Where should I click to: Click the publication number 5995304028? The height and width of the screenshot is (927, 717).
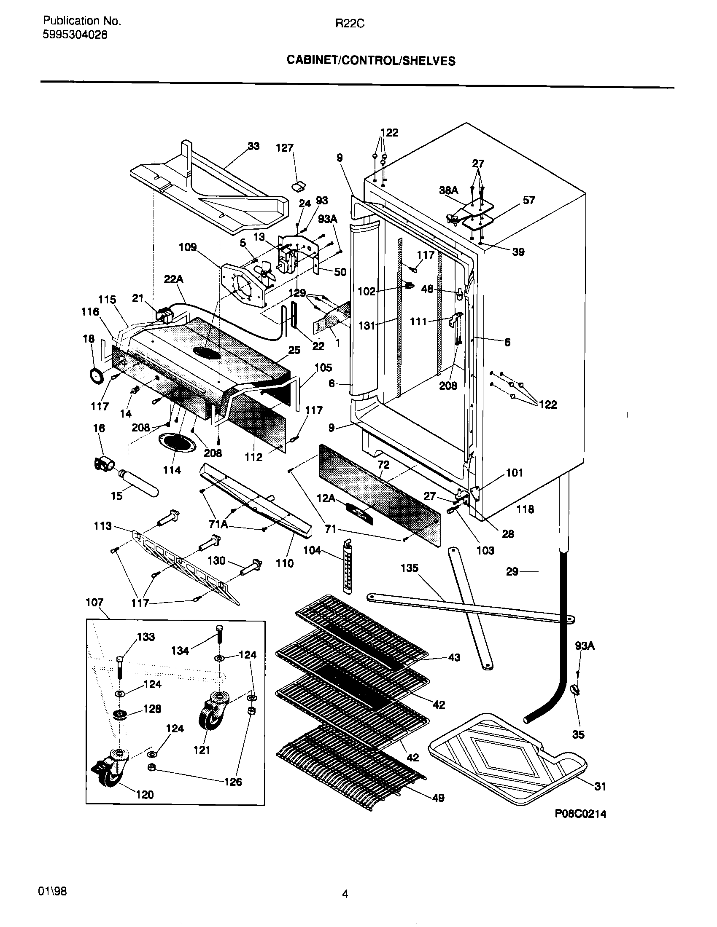pos(75,35)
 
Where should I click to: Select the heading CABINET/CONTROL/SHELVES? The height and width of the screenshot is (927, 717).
pos(371,61)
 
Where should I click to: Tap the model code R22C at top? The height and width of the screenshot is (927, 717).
pos(350,24)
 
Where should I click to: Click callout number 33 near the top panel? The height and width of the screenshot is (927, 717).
pos(253,146)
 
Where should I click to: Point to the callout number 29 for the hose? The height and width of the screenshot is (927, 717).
pos(512,571)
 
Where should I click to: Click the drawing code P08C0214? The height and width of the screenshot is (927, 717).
pos(580,814)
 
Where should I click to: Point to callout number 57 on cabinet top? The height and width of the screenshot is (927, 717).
pos(528,200)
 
